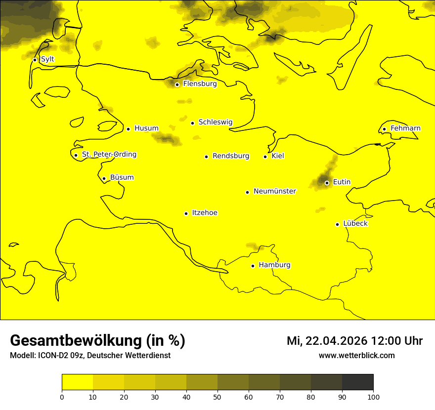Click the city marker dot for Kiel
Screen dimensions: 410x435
point(265,157)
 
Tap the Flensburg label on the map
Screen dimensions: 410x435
point(200,84)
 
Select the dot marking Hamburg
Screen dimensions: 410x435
point(253,266)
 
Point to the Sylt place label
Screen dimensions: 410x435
point(47,59)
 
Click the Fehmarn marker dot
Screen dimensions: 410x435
point(384,129)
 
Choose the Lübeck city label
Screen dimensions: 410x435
point(355,224)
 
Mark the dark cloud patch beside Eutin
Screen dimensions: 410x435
point(324,179)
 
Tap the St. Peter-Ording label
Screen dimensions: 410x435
point(109,155)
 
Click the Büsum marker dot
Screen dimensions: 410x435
point(104,179)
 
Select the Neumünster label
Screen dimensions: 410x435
point(275,191)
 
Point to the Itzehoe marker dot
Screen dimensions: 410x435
point(186,213)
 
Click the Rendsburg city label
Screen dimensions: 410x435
point(231,156)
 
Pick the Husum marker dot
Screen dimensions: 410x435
point(128,129)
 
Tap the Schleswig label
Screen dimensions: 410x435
point(215,123)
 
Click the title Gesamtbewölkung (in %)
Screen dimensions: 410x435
point(97,341)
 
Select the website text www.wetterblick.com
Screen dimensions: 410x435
point(356,356)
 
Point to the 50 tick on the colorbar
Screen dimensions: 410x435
point(217,397)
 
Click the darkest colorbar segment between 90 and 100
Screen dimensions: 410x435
point(357,382)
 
